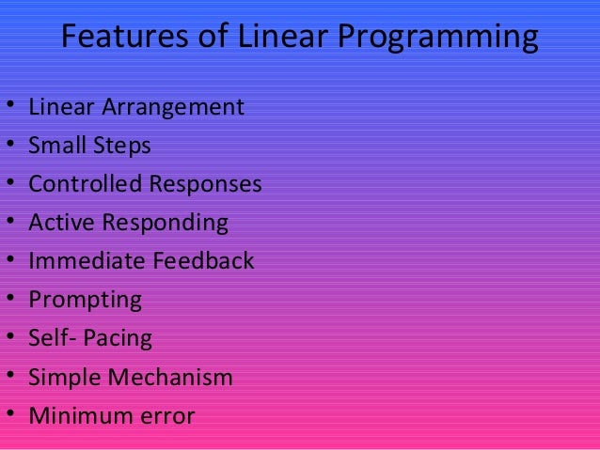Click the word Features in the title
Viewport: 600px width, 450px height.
pos(117,39)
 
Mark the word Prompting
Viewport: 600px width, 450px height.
pos(85,302)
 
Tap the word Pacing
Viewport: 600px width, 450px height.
pos(118,339)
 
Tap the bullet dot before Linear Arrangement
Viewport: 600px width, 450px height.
pos(10,108)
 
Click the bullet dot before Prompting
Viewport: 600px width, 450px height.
pos(10,301)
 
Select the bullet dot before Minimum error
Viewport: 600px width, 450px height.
pos(10,415)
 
